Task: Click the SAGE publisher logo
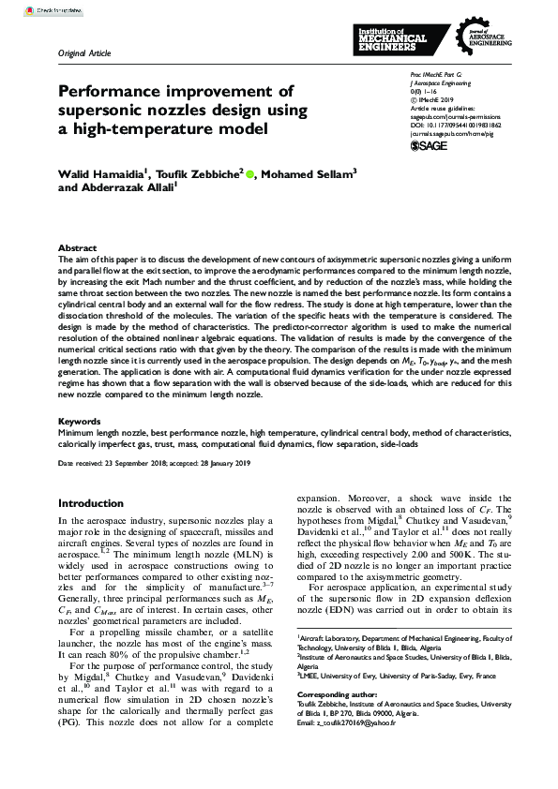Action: click(x=429, y=146)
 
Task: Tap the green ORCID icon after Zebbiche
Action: click(x=250, y=172)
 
